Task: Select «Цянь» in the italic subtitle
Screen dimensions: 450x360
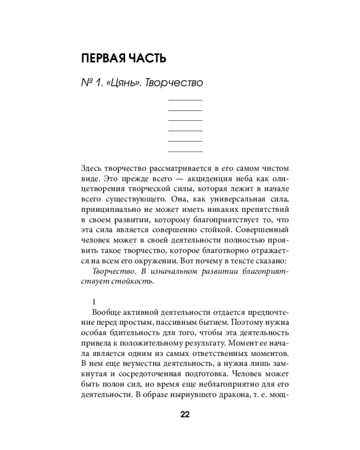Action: tap(121, 83)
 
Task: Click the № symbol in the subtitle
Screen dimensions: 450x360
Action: tap(86, 83)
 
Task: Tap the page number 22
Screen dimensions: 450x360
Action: tap(185, 415)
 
